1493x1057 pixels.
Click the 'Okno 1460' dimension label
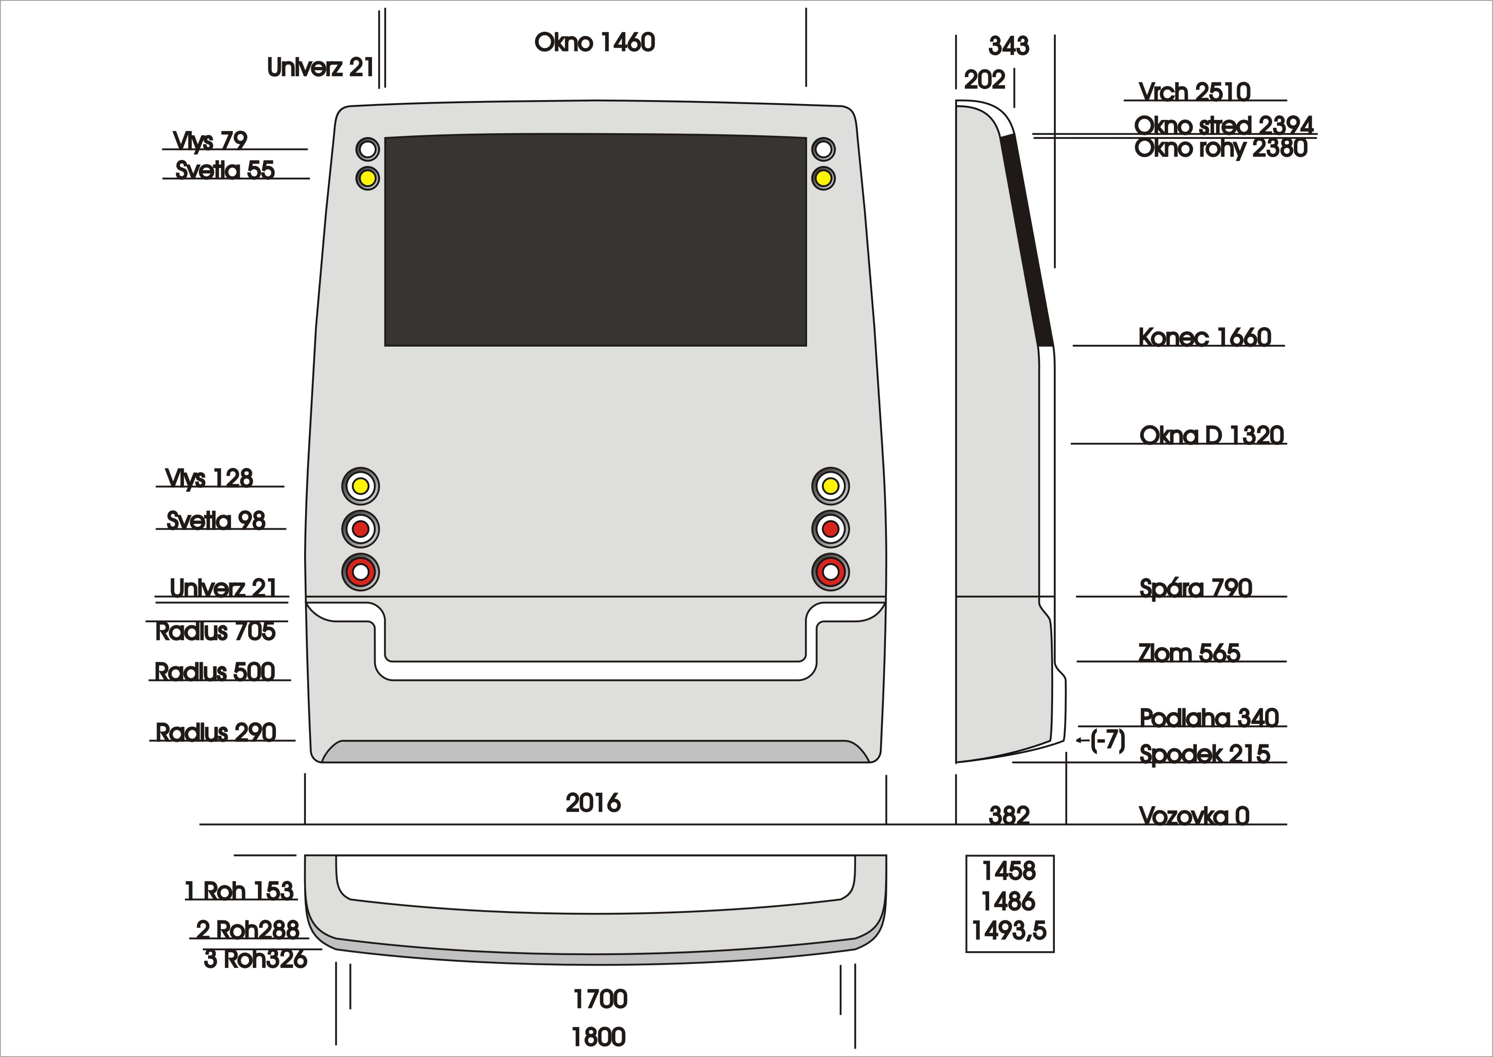click(x=595, y=43)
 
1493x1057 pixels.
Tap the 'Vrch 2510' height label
click(x=1195, y=92)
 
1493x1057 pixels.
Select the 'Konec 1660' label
click(x=1204, y=337)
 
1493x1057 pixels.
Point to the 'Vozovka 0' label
click(x=1194, y=815)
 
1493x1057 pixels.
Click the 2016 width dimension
click(x=593, y=803)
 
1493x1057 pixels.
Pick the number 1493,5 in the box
click(x=1009, y=931)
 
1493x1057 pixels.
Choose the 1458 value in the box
click(x=1009, y=871)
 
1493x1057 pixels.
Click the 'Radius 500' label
click(x=215, y=672)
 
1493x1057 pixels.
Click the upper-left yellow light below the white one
click(x=368, y=178)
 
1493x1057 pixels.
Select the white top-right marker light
click(x=823, y=149)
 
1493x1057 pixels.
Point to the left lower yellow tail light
click(x=361, y=486)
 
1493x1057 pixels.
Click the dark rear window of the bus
click(x=595, y=241)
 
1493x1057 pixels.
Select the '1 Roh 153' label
click(x=239, y=891)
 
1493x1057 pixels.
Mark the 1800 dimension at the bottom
click(x=599, y=1037)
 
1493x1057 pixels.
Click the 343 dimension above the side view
click(x=1009, y=46)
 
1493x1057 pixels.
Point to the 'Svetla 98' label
click(x=216, y=521)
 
